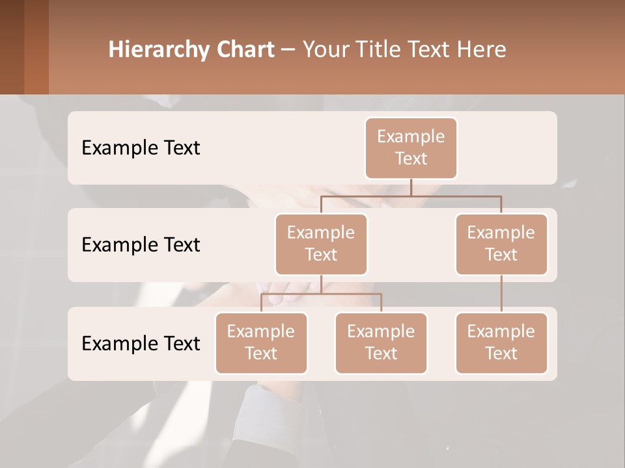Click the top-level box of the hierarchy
(x=411, y=148)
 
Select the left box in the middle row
(x=321, y=244)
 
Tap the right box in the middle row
(x=501, y=244)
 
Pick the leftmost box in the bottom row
(x=261, y=343)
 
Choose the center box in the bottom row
(x=381, y=343)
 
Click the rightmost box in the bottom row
(x=501, y=343)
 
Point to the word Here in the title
(x=483, y=49)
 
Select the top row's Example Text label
(x=141, y=148)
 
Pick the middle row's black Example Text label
(x=141, y=244)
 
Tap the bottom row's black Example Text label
(x=141, y=343)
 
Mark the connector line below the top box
(x=411, y=187)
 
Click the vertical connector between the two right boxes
(x=501, y=294)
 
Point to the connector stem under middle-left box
(x=321, y=284)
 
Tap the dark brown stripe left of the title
(x=12, y=47)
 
